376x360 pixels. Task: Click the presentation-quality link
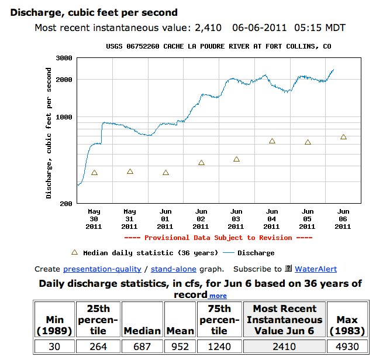tap(102, 269)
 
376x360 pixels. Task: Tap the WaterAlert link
tap(315, 269)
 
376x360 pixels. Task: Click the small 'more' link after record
tap(218, 296)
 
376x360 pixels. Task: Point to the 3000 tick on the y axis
tap(63, 58)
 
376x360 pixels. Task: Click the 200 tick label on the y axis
tap(65, 204)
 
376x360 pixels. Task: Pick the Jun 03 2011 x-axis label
tap(236, 218)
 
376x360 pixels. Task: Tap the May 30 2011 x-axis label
tap(94, 218)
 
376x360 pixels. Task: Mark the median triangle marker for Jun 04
tap(272, 141)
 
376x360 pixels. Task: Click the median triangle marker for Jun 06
tap(343, 137)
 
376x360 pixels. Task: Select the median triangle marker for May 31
tap(130, 172)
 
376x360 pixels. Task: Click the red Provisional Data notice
tap(218, 238)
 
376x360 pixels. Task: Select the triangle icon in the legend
tap(74, 252)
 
